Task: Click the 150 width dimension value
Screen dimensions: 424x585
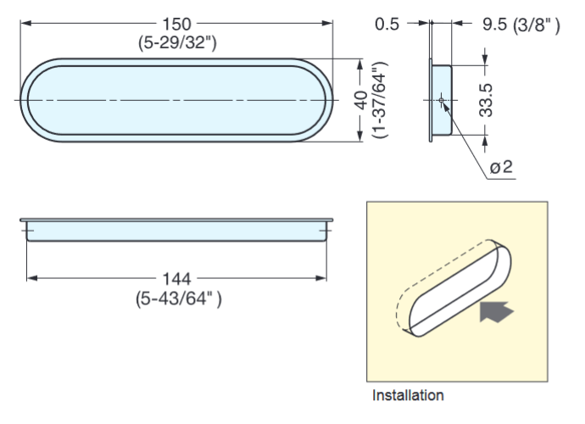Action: [x=177, y=23]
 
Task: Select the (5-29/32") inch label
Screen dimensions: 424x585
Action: [x=177, y=42]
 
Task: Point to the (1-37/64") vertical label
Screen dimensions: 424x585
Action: [x=378, y=100]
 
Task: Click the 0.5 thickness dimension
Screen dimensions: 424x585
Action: [x=387, y=25]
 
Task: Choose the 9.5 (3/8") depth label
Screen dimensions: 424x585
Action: [x=521, y=25]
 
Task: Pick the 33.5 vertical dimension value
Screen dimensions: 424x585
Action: [x=485, y=100]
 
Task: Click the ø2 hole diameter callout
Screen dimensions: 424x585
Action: [x=502, y=167]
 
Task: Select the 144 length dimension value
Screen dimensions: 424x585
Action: [x=177, y=278]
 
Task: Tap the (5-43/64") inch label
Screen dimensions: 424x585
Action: [x=178, y=298]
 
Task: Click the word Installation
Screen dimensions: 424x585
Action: [x=408, y=395]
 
